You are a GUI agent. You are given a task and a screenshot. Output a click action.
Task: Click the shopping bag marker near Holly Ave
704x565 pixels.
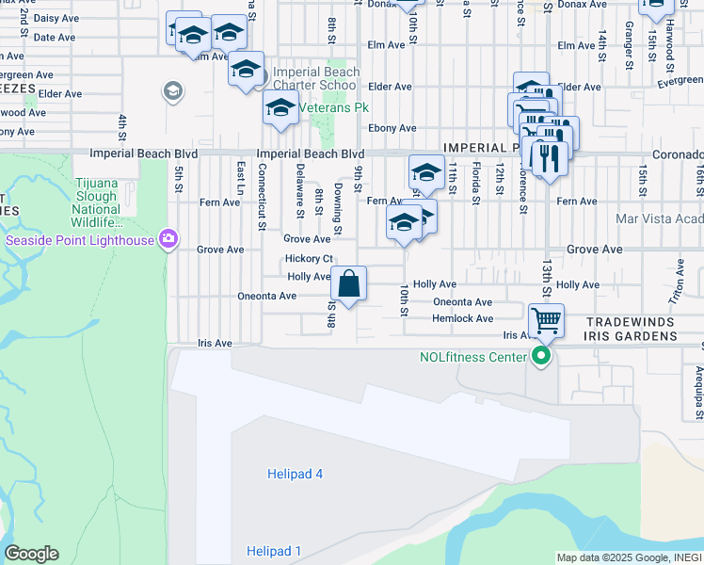348,284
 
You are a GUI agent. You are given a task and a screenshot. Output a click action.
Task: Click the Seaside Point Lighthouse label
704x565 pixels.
79,239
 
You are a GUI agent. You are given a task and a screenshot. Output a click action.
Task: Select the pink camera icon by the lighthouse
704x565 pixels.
168,238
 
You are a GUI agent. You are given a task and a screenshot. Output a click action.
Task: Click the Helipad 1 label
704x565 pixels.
274,551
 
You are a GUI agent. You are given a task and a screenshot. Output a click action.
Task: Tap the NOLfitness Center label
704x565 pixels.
472,357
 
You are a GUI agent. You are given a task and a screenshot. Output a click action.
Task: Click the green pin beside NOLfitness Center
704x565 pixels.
540,357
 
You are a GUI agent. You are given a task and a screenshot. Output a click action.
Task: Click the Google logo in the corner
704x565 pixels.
30,554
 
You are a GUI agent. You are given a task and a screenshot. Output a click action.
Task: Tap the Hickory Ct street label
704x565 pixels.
309,258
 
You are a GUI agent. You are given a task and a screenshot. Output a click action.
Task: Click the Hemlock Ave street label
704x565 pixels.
462,318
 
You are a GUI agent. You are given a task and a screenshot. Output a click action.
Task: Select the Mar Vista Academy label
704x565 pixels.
659,218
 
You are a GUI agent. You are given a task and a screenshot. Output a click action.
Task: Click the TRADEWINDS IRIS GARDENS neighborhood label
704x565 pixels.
644,329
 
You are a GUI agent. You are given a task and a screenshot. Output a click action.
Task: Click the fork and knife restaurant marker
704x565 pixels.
546,156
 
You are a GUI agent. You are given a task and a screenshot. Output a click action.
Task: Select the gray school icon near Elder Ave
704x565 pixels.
172,91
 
